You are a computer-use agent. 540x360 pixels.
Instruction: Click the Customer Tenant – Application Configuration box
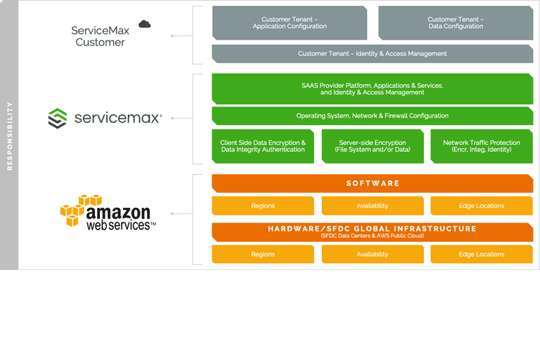point(289,23)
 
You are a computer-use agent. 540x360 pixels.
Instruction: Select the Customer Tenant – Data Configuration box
point(456,23)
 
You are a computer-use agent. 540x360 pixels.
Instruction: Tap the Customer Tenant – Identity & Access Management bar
point(372,54)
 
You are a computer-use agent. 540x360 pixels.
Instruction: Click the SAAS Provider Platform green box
point(372,89)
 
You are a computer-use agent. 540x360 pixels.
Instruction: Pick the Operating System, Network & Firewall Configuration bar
point(372,116)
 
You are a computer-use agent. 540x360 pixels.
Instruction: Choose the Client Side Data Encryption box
point(263,146)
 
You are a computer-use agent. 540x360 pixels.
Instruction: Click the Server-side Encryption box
point(372,146)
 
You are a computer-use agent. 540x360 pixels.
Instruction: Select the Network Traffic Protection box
point(482,146)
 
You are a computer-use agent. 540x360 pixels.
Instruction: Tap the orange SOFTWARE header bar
point(372,184)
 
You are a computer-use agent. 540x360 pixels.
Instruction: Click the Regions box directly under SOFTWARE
point(263,206)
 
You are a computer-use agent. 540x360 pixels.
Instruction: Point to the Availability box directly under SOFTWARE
point(372,206)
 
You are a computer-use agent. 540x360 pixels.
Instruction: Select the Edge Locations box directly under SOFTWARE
point(482,206)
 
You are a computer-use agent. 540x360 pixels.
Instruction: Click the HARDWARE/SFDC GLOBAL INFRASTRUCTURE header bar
point(372,231)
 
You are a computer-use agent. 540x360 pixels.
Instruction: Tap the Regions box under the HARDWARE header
point(263,254)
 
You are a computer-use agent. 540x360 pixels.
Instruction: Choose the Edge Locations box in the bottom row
point(482,254)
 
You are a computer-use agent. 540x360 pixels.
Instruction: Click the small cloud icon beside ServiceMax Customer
point(145,24)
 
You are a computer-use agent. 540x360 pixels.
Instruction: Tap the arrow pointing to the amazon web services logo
point(182,214)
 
